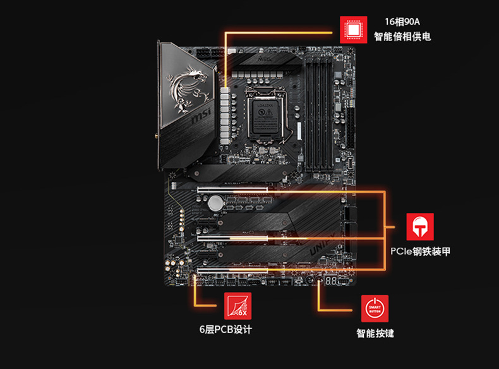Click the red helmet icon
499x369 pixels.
[420, 226]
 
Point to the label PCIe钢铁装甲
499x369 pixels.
[420, 252]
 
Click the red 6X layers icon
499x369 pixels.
[238, 306]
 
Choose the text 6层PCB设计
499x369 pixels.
[225, 330]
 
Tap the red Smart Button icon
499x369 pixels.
[375, 308]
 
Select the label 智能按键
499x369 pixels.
[375, 333]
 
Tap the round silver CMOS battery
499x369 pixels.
[217, 202]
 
